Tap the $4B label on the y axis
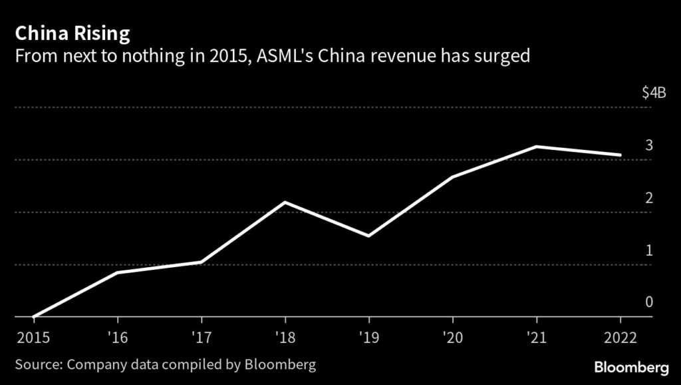(x=654, y=93)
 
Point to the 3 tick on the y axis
(x=649, y=145)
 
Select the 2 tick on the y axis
(x=649, y=198)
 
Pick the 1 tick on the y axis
(x=649, y=250)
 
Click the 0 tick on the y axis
(x=649, y=302)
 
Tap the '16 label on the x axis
(x=117, y=337)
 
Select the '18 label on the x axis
(x=285, y=337)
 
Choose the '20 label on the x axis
(x=452, y=337)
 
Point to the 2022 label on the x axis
(x=620, y=337)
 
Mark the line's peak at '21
(x=536, y=147)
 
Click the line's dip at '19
(x=368, y=236)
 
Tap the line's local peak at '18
(x=285, y=202)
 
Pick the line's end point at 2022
(x=620, y=155)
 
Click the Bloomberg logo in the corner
(x=631, y=367)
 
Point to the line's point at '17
(x=201, y=262)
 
